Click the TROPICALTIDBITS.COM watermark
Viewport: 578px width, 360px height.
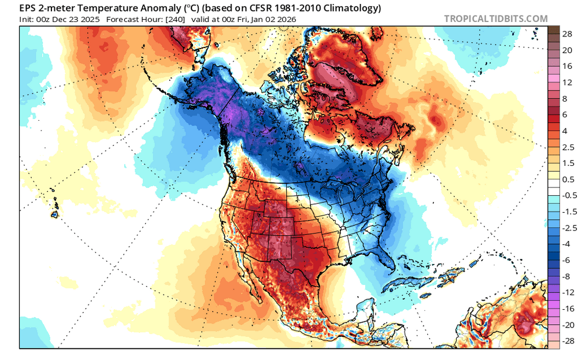(495, 18)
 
